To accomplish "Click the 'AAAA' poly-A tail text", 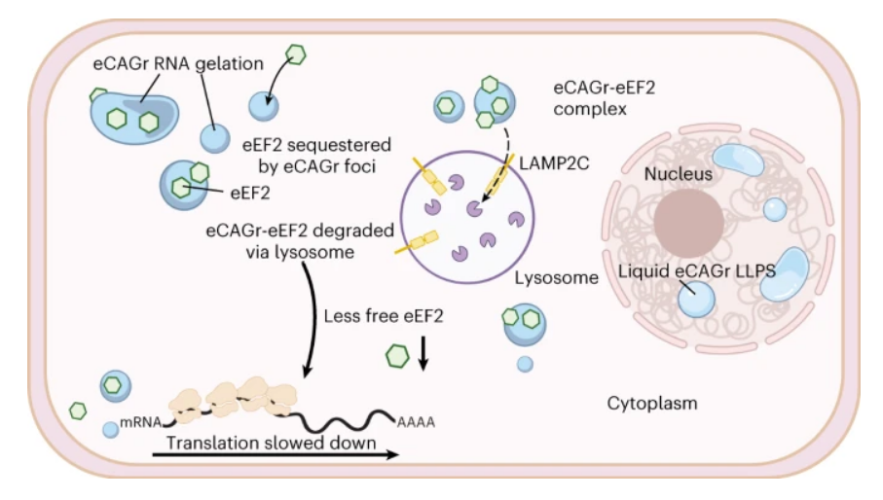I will pos(415,421).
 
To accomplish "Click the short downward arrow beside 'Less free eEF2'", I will pos(423,353).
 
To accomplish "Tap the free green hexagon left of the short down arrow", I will pos(395,356).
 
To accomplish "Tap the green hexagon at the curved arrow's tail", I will pos(296,54).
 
